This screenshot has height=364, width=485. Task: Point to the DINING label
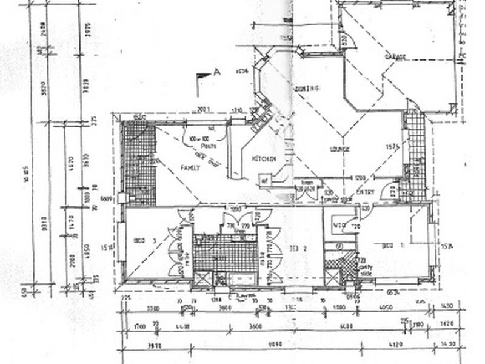[307, 89]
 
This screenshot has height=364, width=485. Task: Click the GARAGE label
[394, 56]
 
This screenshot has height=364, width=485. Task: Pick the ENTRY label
[366, 193]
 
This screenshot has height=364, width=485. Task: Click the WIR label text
[339, 227]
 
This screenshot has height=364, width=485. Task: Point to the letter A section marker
[217, 72]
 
